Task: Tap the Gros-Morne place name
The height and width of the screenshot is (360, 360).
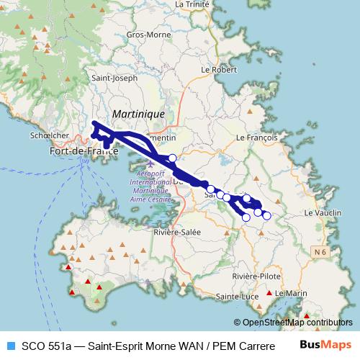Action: point(145,35)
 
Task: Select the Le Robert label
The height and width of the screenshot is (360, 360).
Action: point(219,70)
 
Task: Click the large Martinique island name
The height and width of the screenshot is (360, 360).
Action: point(138,114)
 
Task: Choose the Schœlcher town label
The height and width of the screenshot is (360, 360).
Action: point(50,135)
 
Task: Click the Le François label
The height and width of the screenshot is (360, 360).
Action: point(256,136)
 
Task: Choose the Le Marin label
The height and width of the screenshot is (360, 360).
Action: point(291,293)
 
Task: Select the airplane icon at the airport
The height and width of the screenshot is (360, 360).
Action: point(149,161)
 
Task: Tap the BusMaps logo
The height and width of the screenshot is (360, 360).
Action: point(325,344)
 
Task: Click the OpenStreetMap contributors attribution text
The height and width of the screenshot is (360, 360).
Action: point(297,323)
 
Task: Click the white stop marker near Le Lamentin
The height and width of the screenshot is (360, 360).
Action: point(172,158)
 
